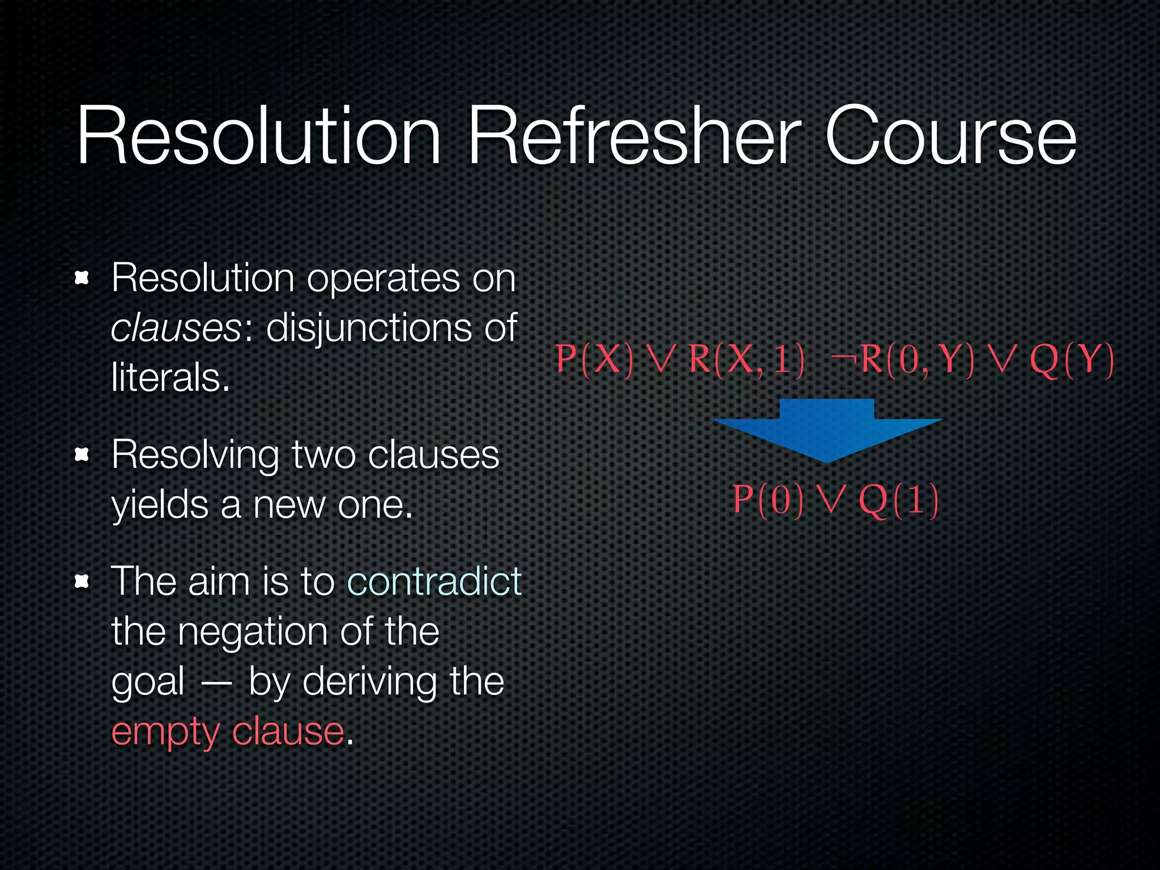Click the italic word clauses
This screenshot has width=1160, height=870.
tap(177, 328)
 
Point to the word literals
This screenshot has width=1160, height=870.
tap(170, 378)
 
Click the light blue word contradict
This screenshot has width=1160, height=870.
tap(434, 581)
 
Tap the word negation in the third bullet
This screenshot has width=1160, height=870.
tap(252, 632)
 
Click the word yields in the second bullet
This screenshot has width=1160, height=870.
tap(160, 505)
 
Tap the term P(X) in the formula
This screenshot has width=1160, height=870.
tap(594, 359)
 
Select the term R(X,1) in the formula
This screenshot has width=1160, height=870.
tap(747, 359)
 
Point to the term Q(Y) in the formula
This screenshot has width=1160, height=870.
tap(1072, 360)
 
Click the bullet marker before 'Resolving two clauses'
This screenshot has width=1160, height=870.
tap(83, 454)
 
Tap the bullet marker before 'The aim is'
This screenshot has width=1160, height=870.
tap(83, 581)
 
